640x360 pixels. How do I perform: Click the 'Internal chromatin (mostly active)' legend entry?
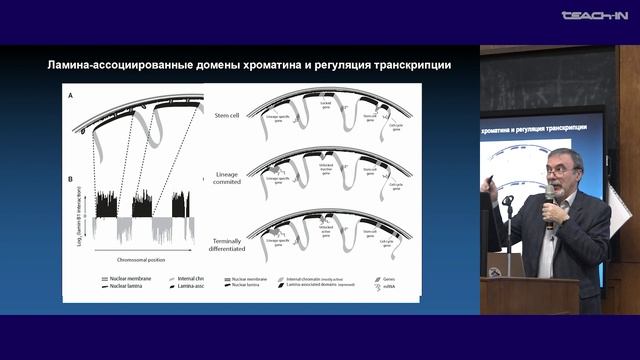(x=318, y=277)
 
